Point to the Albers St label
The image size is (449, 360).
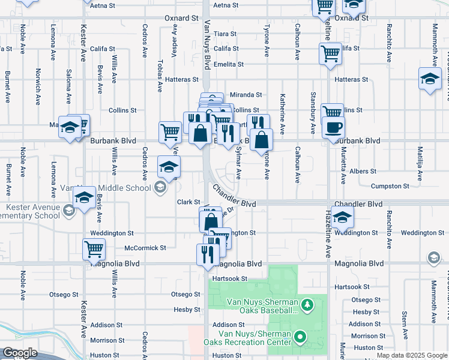[363, 172]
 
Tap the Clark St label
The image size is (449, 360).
[187, 202]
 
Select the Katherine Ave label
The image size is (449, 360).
[282, 113]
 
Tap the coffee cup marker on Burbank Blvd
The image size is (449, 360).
[333, 128]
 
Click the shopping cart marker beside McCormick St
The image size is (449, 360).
[94, 249]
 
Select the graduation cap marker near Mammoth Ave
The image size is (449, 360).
[430, 79]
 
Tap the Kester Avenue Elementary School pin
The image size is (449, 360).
[69, 209]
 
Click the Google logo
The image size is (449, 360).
[20, 353]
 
